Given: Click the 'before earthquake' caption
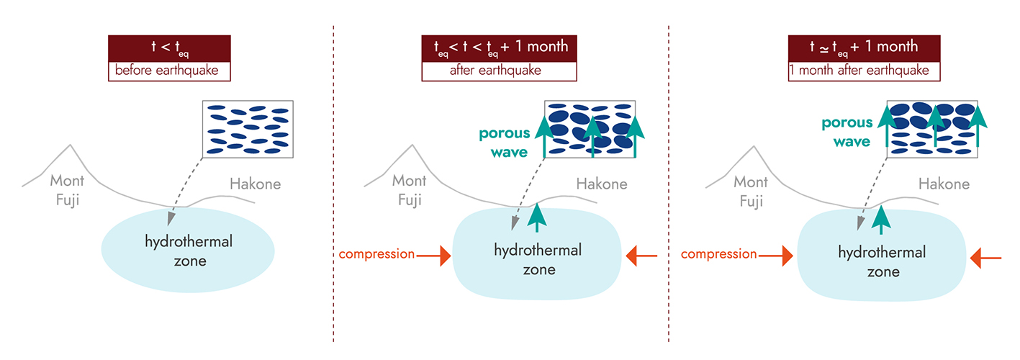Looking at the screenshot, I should (169, 71).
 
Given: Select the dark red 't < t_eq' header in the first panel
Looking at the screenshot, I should (169, 49).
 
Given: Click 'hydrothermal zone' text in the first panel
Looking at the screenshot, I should (189, 251).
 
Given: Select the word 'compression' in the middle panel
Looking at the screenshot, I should (376, 254).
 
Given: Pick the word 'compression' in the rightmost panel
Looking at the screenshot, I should (718, 254).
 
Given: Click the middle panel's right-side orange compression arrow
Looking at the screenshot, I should (642, 254).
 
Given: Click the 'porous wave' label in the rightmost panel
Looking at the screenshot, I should (852, 132).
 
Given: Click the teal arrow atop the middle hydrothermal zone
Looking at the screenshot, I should (537, 217).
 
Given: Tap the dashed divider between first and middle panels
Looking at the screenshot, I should (333, 180).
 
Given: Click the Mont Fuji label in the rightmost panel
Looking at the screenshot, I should (750, 191).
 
